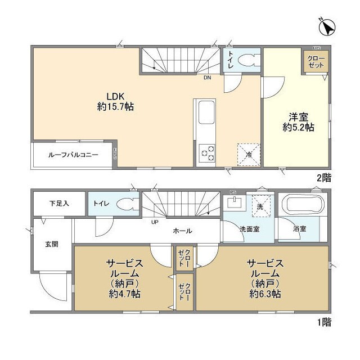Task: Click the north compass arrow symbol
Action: click(x=327, y=26)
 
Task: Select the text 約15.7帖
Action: click(x=115, y=106)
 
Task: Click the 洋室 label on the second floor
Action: click(x=298, y=117)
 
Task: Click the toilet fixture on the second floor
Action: click(x=246, y=60)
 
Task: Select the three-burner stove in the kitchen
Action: click(x=206, y=151)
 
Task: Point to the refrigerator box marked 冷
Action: click(x=249, y=154)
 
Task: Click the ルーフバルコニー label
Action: click(x=73, y=154)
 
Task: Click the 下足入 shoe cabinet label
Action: click(x=58, y=203)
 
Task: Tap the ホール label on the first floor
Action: click(x=182, y=231)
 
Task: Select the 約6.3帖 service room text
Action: click(x=263, y=294)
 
